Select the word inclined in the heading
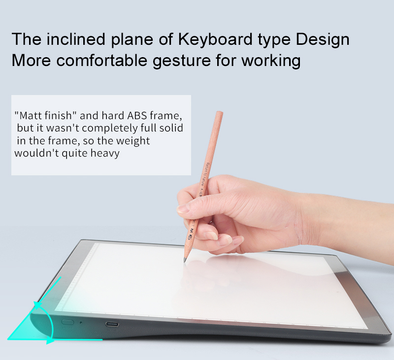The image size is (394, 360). [x=76, y=39]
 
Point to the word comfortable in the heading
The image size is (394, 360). [x=101, y=60]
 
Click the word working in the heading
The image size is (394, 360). [x=271, y=61]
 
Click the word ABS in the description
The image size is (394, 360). [x=137, y=116]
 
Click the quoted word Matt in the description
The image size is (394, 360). [x=32, y=116]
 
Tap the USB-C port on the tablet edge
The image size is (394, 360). [x=112, y=324]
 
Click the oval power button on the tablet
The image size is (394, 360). [x=67, y=322]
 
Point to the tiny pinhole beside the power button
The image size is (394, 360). [x=81, y=322]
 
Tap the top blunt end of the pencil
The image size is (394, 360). [x=220, y=113]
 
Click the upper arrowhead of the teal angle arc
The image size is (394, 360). [x=37, y=304]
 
